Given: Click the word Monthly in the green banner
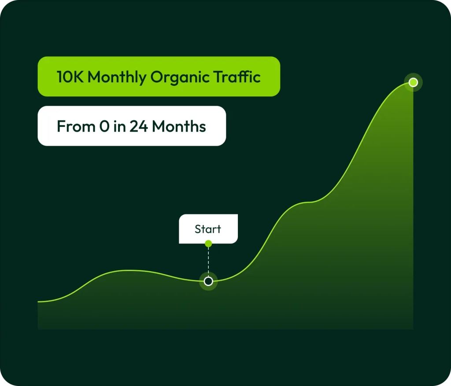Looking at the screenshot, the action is (x=117, y=77).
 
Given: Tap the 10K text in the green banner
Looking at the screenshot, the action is (x=70, y=77).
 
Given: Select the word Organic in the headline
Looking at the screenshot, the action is (x=180, y=77).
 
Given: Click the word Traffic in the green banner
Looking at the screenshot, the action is (x=237, y=77).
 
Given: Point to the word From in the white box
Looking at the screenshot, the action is (x=76, y=126).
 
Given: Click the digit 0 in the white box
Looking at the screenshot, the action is (x=104, y=126).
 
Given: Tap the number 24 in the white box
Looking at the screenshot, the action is (x=139, y=126).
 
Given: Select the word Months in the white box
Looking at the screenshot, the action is (x=179, y=126).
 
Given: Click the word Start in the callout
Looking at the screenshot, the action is (x=208, y=229).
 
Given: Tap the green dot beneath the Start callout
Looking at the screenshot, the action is (x=208, y=244).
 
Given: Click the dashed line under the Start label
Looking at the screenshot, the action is (x=208, y=261).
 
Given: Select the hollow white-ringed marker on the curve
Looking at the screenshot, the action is (x=208, y=281).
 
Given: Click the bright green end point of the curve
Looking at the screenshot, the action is (x=413, y=82).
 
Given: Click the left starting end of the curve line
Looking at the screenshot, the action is (x=38, y=302).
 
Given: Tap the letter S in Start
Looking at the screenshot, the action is (x=198, y=229).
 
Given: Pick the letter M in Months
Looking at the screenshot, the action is (x=159, y=126).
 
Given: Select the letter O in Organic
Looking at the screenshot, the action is (x=157, y=77).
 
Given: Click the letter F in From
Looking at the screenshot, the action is (x=61, y=126).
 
